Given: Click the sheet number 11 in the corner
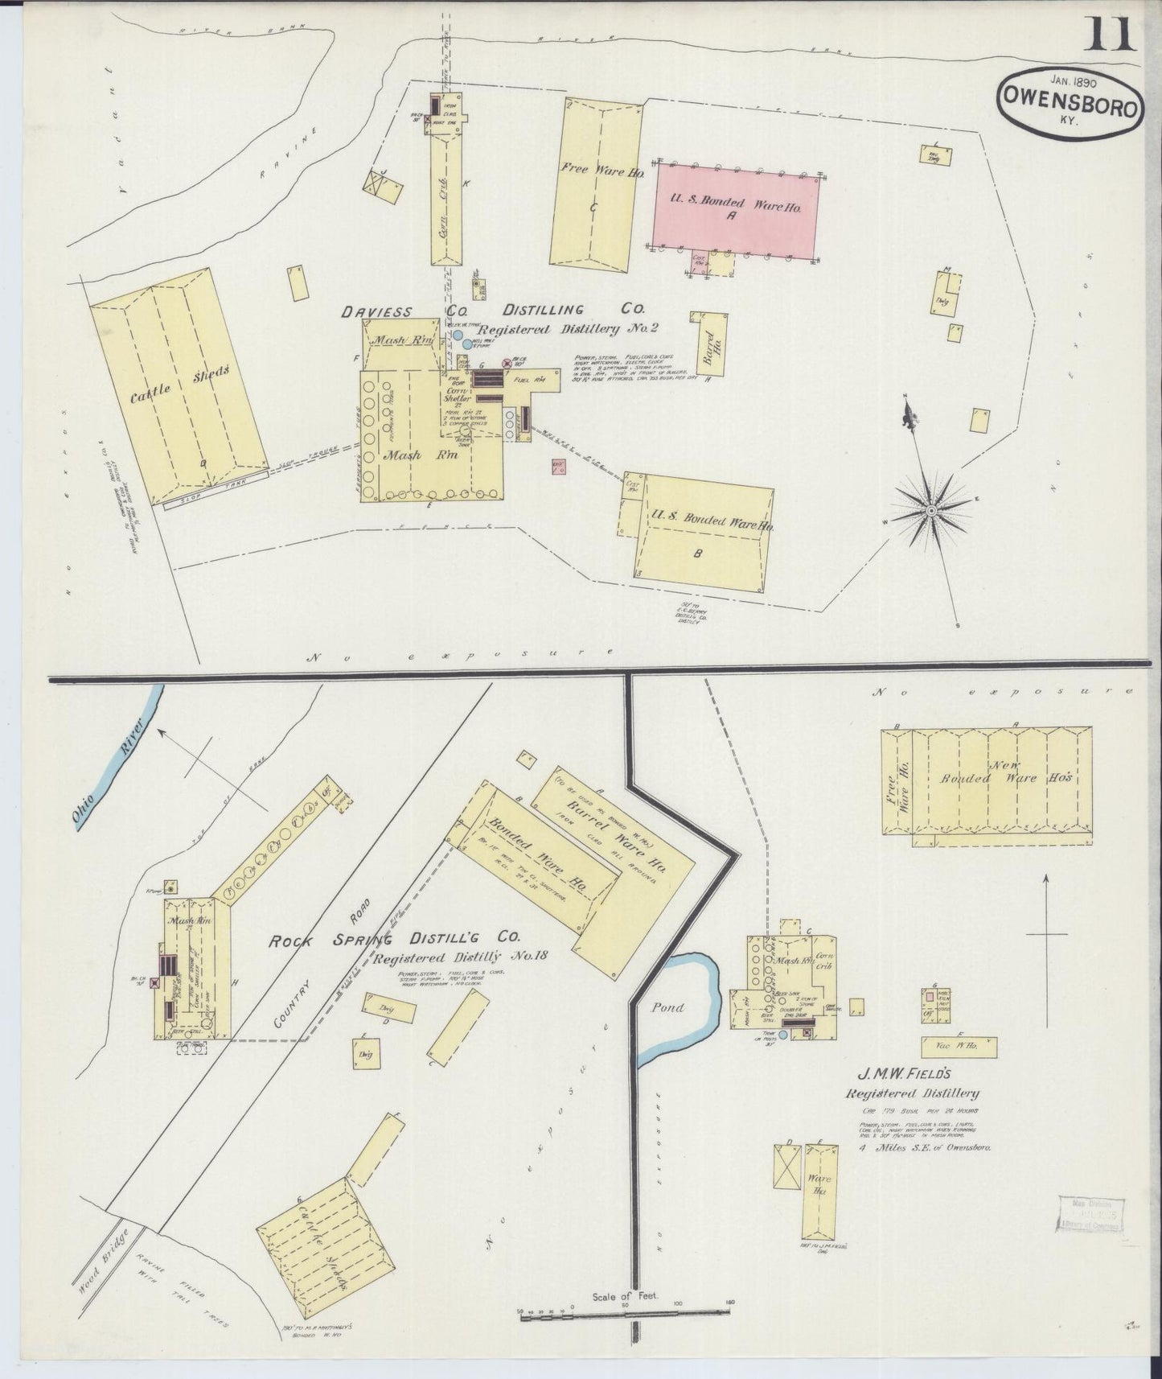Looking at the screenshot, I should point(1112,34).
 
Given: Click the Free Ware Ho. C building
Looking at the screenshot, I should point(597,182).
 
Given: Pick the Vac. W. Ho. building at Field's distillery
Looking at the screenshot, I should point(956,1047).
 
